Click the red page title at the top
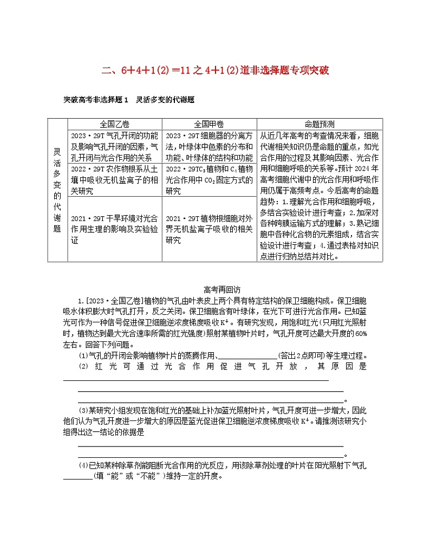coord(216,70)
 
